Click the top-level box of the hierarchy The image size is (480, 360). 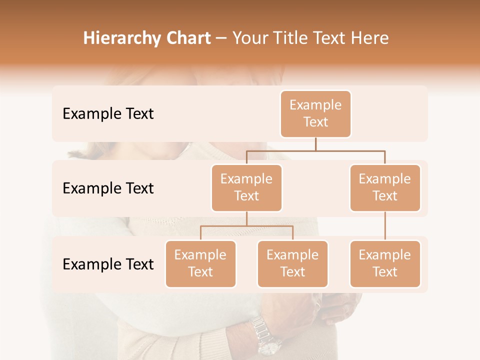[315, 113]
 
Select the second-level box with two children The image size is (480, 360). [246, 187]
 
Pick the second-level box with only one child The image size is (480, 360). [385, 187]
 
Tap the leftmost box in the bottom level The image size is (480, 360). [200, 263]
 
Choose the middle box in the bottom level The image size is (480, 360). [292, 263]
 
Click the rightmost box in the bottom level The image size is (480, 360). [385, 263]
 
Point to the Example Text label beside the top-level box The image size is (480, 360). [108, 113]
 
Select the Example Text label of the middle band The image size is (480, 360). [108, 188]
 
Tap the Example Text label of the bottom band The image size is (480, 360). [108, 264]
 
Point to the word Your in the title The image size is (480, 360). [249, 38]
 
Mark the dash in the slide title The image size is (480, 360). [221, 38]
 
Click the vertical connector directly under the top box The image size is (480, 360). [315, 143]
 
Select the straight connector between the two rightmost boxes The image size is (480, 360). [385, 226]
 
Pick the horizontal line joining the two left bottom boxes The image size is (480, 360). [246, 226]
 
